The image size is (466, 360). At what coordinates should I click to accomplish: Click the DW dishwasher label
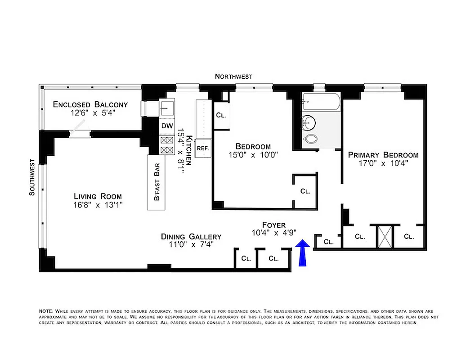point(167,126)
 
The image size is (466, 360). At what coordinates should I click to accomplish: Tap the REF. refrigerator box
point(203,148)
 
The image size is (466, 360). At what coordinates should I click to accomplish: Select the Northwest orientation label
point(233,76)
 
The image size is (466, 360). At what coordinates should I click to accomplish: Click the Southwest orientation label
point(32,177)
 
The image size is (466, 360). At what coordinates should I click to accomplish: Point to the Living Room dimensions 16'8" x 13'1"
point(98,205)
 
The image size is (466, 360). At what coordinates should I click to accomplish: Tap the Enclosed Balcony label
point(90,104)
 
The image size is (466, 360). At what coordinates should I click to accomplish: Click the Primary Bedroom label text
point(383,155)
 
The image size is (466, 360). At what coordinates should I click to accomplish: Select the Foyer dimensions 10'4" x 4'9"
point(273,233)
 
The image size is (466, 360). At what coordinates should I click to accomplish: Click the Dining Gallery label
point(191,237)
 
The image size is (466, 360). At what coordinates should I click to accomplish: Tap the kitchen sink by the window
point(167,108)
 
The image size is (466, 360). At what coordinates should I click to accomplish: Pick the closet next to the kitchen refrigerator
point(221,115)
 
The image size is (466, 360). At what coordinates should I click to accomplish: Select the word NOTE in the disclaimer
point(46,311)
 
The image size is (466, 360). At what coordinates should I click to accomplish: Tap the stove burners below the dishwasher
point(167,145)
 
